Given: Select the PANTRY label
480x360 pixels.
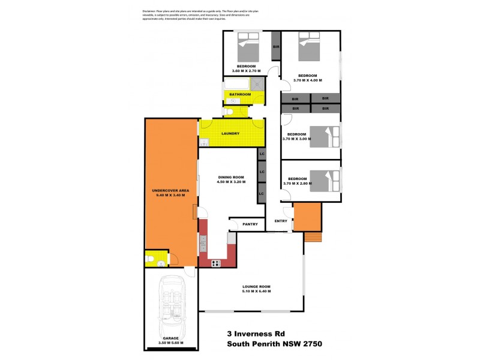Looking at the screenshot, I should click(x=251, y=224).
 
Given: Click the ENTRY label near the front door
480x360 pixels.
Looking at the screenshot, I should click(x=281, y=221).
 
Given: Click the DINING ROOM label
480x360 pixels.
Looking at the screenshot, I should click(x=230, y=177).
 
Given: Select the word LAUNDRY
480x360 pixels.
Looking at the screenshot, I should click(x=231, y=134).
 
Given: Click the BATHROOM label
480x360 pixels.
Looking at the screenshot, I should click(x=239, y=94).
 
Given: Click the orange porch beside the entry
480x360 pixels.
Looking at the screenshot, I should click(x=307, y=217).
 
